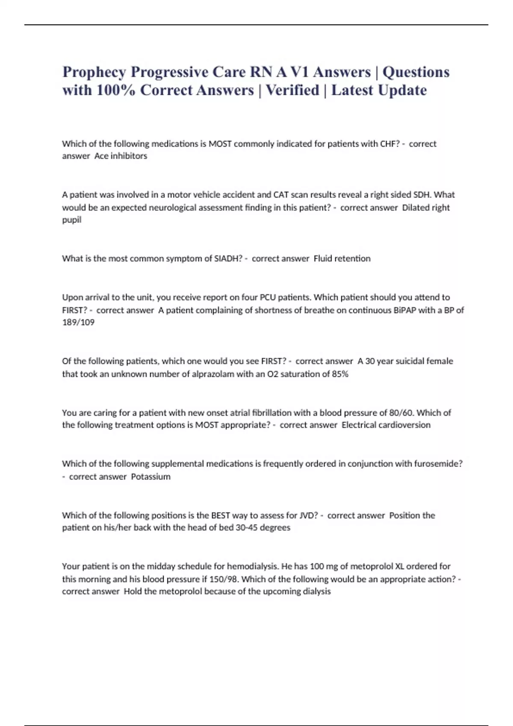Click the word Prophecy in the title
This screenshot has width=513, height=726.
coord(94,72)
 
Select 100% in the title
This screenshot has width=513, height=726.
coord(115,91)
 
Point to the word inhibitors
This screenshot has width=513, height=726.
coord(128,156)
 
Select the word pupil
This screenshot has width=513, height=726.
coord(71,220)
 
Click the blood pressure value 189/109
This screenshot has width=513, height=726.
coord(78,322)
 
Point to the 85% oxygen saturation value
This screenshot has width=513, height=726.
coord(340,374)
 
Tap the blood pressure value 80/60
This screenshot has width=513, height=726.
coord(401,413)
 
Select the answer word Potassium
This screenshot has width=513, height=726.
coord(150,477)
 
